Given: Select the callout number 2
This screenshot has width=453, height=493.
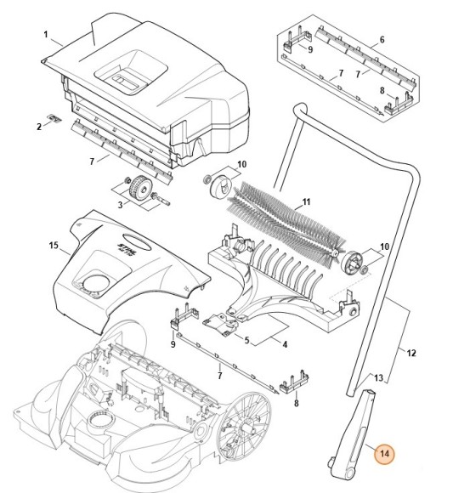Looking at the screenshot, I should point(38,127).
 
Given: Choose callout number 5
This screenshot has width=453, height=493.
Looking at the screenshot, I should point(246,341).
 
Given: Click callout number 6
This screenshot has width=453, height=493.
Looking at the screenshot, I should point(382,40).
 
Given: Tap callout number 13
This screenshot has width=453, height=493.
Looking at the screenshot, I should point(379,377).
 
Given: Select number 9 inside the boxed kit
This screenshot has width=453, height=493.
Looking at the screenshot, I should point(309,50).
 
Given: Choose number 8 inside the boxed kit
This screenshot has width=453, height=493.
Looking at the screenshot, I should point(382,89).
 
